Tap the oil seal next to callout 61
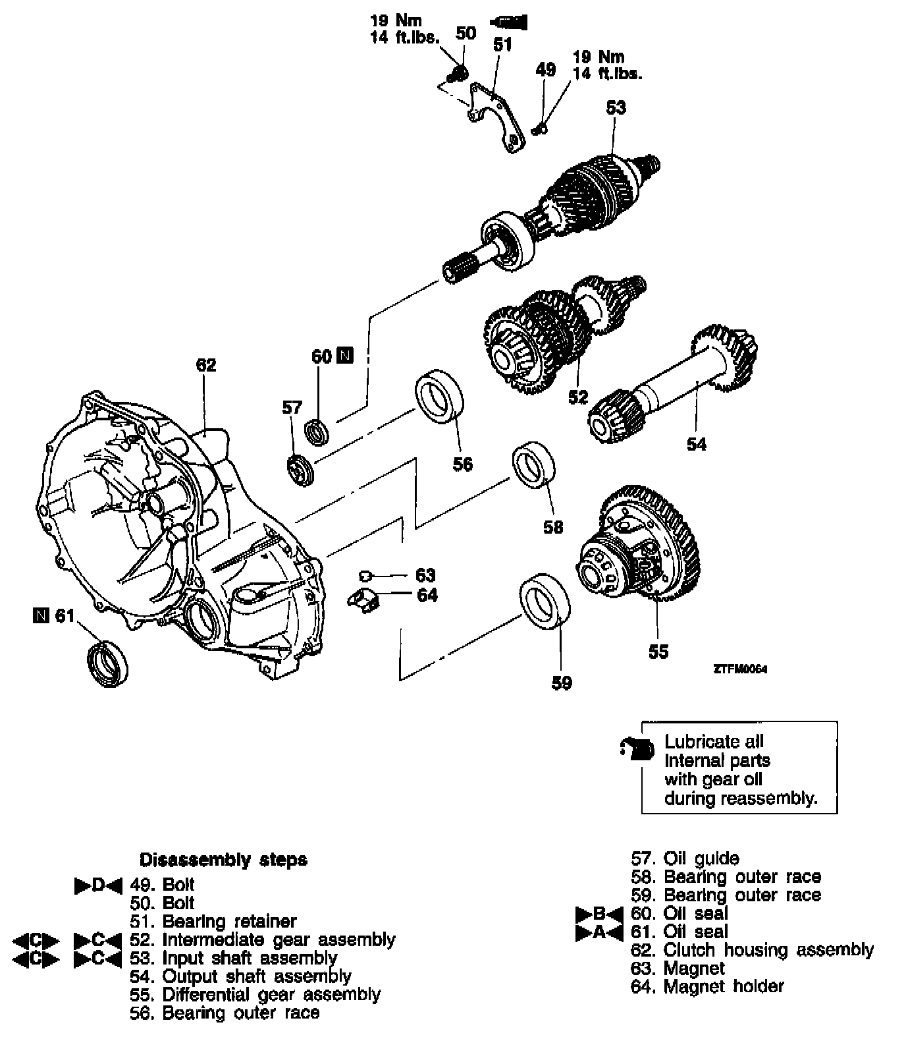[x=108, y=663]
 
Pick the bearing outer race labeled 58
[x=534, y=466]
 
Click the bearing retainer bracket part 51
[x=498, y=117]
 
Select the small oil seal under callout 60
[x=319, y=433]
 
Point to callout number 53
[x=616, y=107]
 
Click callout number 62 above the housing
[x=206, y=365]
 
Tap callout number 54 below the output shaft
[x=696, y=444]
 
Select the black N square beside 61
[x=41, y=616]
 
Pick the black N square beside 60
[x=345, y=356]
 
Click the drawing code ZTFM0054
[x=739, y=669]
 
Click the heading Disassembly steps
[x=223, y=860]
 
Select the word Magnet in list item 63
[x=694, y=968]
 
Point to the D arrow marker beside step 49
[x=98, y=885]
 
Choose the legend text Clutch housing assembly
[x=768, y=950]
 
